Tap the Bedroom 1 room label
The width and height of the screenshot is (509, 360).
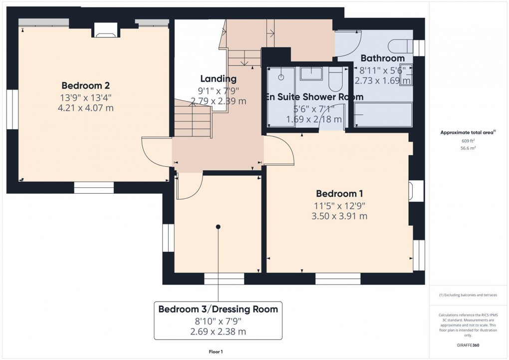[x=339, y=193]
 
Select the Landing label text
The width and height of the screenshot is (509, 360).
[x=218, y=78]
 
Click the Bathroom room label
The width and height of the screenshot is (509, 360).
[x=382, y=58]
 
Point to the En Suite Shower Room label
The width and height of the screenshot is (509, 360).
[x=314, y=97]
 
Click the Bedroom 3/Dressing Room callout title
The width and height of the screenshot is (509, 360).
[x=218, y=309]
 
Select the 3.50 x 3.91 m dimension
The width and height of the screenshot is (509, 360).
[x=339, y=216]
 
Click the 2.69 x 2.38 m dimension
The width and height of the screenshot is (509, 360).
[x=218, y=331]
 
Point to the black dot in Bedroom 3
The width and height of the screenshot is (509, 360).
[x=218, y=227]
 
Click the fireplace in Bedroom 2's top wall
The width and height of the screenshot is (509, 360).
[x=105, y=31]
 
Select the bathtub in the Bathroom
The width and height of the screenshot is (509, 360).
[x=383, y=114]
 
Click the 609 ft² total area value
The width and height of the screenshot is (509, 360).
[x=468, y=141]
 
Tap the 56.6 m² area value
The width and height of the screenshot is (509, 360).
[x=468, y=148]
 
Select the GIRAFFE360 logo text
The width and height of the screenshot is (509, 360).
[x=468, y=345]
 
